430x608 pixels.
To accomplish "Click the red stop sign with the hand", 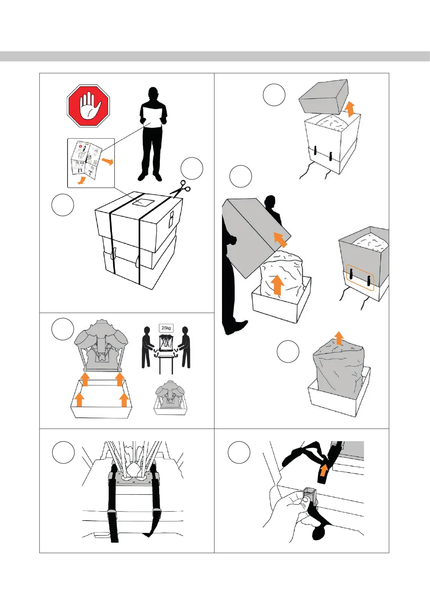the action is [x=88, y=106].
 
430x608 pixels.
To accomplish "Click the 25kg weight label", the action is [x=166, y=328].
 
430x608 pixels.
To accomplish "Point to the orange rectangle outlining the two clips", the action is [x=360, y=278].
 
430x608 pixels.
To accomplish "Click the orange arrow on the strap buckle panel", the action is [x=324, y=470].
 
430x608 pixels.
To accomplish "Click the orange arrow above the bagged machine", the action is [x=339, y=338].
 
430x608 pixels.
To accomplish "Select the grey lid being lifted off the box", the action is [x=323, y=96].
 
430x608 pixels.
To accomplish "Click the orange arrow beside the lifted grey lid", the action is [x=349, y=108].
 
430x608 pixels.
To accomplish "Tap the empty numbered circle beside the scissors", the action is [x=192, y=168].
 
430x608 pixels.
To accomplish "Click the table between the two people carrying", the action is [x=166, y=361].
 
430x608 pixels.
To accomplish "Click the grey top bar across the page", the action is [x=215, y=56].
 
